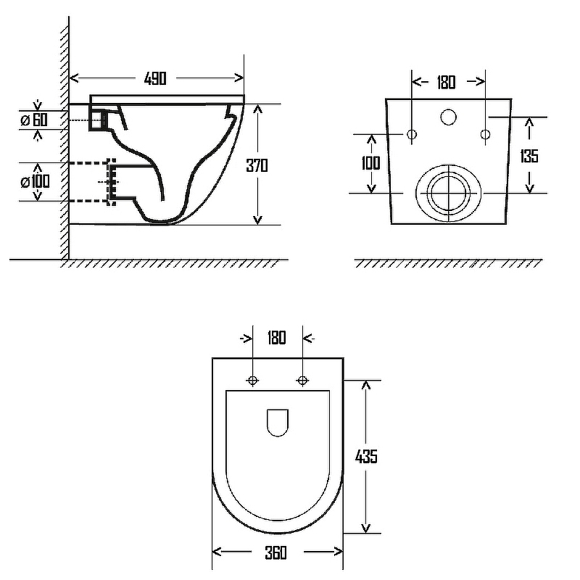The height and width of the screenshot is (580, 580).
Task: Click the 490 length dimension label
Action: coord(155,78)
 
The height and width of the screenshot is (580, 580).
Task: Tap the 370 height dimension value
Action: coord(257,165)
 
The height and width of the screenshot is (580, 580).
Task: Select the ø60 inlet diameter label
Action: coord(34,120)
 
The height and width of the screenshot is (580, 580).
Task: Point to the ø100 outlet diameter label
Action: coord(35,181)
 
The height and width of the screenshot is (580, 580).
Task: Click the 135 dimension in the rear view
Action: coord(529,156)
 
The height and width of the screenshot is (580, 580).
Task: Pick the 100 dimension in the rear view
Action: coord(370,162)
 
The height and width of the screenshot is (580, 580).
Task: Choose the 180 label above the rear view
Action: coord(446,82)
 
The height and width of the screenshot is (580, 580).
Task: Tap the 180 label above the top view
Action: coord(277,337)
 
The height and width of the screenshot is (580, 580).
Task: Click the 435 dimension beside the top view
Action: coord(366,457)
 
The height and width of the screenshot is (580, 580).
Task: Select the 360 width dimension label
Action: coord(276,553)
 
